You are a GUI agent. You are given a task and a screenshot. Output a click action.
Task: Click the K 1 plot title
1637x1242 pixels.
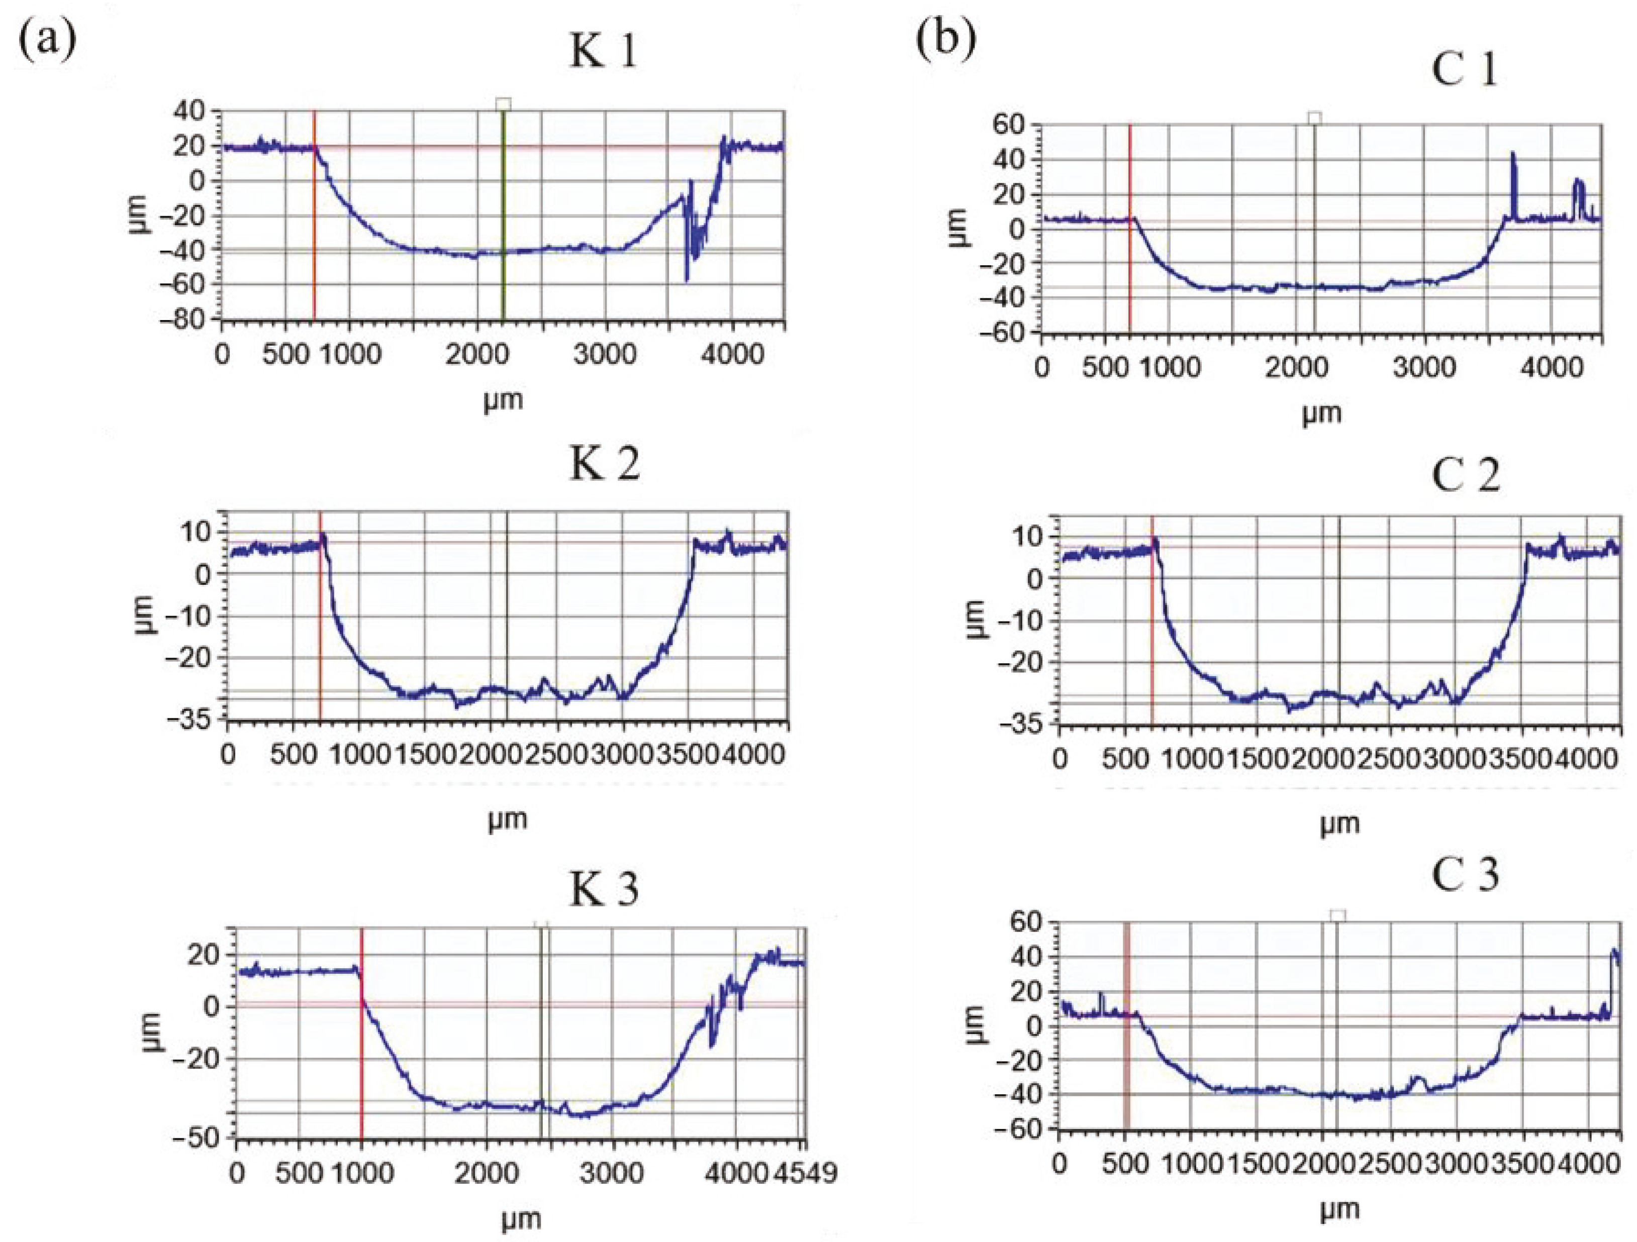coord(603,53)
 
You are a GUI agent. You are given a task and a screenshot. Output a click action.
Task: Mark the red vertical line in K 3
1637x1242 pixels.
coord(361,1036)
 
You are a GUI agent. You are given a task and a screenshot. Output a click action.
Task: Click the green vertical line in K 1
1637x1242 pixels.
coord(503,215)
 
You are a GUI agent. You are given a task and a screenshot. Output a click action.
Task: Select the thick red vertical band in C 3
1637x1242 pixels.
coord(1126,1036)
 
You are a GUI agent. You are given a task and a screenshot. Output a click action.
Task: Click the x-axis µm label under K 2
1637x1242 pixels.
coord(508,819)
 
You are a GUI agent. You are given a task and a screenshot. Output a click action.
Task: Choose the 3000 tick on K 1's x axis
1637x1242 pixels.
coord(605,354)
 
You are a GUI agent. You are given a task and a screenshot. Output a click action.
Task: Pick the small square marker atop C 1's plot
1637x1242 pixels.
coord(1314,118)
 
